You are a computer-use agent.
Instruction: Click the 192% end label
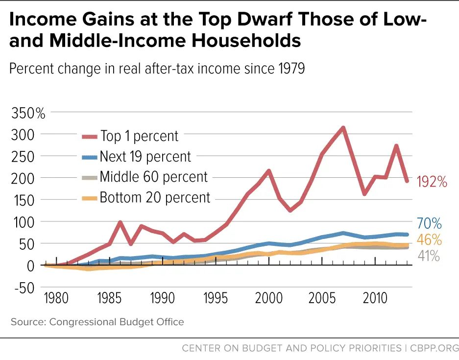coord(432,182)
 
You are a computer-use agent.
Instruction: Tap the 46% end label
coord(429,240)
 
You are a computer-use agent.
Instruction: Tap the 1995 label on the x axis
coord(216,298)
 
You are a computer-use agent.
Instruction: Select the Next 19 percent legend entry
coord(145,157)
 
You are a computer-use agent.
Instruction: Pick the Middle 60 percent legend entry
coord(153,177)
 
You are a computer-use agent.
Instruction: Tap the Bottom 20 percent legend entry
coord(155,198)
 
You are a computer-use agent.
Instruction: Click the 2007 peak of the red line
coord(343,128)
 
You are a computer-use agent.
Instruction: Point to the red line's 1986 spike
coord(121,223)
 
